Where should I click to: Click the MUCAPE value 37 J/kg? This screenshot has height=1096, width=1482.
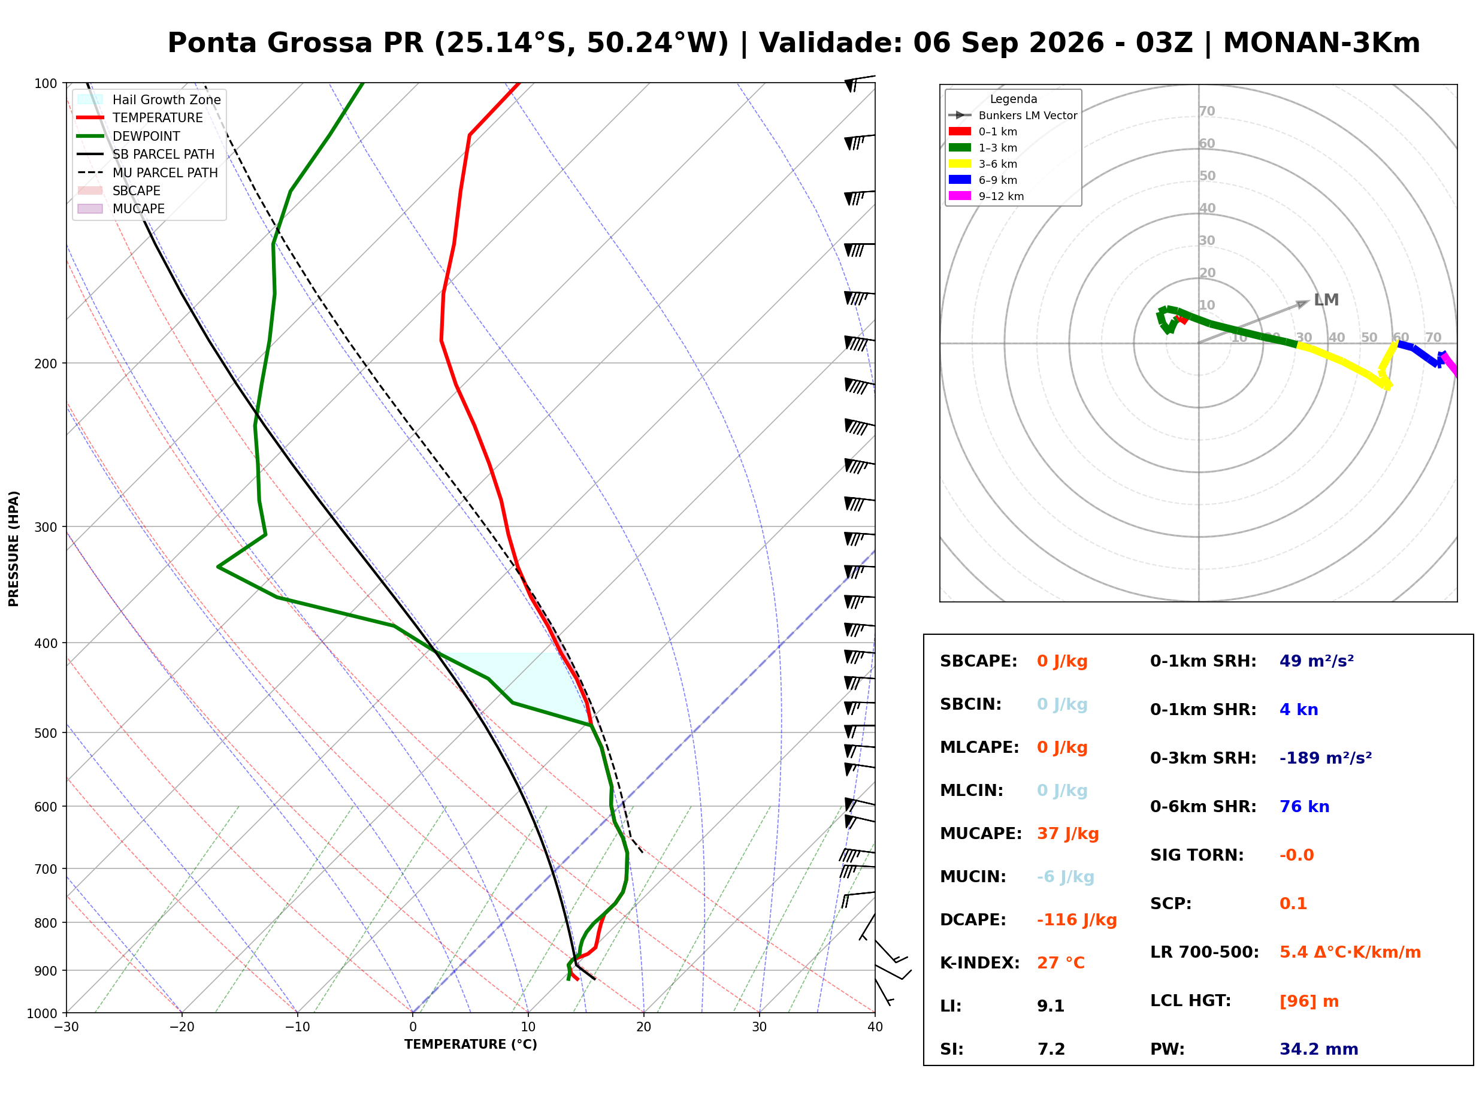pos(1067,834)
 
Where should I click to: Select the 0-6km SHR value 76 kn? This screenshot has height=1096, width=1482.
pos(1304,807)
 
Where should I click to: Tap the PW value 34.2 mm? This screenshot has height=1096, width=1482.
pos(1319,1049)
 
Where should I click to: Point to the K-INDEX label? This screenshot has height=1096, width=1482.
pos(980,963)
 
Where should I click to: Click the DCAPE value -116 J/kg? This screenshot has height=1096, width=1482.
pos(1076,920)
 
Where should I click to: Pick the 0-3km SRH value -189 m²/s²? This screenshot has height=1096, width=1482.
pos(1326,758)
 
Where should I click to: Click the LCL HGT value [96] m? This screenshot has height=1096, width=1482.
pos(1309,1002)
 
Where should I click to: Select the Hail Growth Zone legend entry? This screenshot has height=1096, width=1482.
pos(149,99)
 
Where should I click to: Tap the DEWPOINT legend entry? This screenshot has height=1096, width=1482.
pos(128,136)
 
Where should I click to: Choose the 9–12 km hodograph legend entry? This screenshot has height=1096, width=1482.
pos(987,196)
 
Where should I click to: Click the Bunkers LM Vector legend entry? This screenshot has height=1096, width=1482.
pos(1013,116)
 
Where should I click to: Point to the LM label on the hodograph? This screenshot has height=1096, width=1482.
pos(1326,300)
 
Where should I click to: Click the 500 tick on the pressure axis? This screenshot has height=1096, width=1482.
pos(45,733)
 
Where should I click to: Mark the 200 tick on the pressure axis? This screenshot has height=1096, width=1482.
pos(45,364)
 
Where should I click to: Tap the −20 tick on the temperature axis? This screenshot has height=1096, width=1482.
pos(181,1027)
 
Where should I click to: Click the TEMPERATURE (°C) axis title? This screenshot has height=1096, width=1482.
pos(470,1044)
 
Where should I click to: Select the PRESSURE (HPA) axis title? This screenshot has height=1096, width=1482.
pos(14,549)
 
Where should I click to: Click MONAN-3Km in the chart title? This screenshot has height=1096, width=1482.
pos(1321,43)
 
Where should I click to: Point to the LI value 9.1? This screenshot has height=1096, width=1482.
pos(1050,1006)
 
